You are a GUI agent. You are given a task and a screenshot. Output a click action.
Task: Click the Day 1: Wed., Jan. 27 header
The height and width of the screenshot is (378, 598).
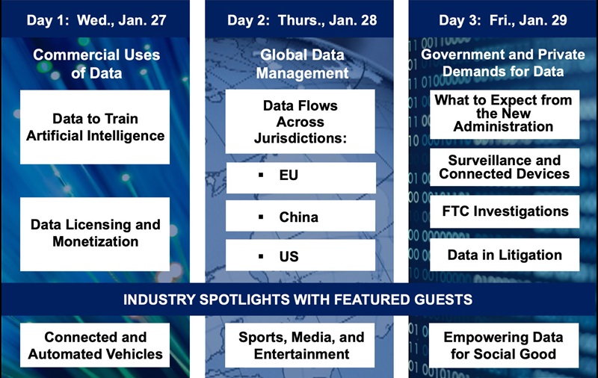[x=96, y=20]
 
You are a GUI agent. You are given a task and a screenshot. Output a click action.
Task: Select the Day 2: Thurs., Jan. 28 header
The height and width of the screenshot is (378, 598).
[x=302, y=20]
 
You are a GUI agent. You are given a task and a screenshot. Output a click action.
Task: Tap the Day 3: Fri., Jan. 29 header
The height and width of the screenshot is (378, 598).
[x=502, y=20]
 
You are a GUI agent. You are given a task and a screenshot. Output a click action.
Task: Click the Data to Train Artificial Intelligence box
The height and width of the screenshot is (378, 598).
[x=95, y=127]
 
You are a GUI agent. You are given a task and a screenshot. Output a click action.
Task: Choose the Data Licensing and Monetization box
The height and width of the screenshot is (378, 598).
[x=95, y=234]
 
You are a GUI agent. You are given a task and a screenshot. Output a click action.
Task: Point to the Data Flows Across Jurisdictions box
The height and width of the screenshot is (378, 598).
[x=300, y=122]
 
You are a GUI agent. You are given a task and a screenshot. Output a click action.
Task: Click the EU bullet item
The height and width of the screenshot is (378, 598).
[x=300, y=178]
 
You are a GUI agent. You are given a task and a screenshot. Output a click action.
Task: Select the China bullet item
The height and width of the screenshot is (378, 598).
[x=300, y=216]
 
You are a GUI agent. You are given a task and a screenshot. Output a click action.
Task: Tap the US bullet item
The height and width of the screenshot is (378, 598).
[x=300, y=255]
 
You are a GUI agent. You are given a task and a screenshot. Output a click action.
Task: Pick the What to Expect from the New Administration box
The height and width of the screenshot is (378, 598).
[x=504, y=114]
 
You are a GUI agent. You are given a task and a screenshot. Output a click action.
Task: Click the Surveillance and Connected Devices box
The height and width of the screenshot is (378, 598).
[x=504, y=167]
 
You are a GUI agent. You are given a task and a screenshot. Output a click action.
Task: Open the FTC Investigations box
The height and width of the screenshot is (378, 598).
[x=504, y=212]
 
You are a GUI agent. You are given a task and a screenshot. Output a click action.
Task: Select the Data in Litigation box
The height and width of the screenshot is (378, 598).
[x=504, y=255]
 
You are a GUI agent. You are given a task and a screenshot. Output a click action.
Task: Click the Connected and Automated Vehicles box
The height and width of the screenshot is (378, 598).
[x=95, y=345]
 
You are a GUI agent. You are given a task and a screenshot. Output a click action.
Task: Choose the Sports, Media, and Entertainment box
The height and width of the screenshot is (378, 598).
[x=300, y=345]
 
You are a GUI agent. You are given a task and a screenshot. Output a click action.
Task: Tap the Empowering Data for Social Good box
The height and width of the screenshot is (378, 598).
[x=504, y=345]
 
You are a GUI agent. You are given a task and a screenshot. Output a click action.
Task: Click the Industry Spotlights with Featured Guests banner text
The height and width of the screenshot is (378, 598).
[x=298, y=300]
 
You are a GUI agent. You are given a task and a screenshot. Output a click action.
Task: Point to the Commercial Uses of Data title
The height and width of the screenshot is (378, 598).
[x=96, y=63]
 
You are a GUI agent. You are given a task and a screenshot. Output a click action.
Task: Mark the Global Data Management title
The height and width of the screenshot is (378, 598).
[x=302, y=63]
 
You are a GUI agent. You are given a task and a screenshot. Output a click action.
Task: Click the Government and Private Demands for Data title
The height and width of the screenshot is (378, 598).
[x=503, y=63]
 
